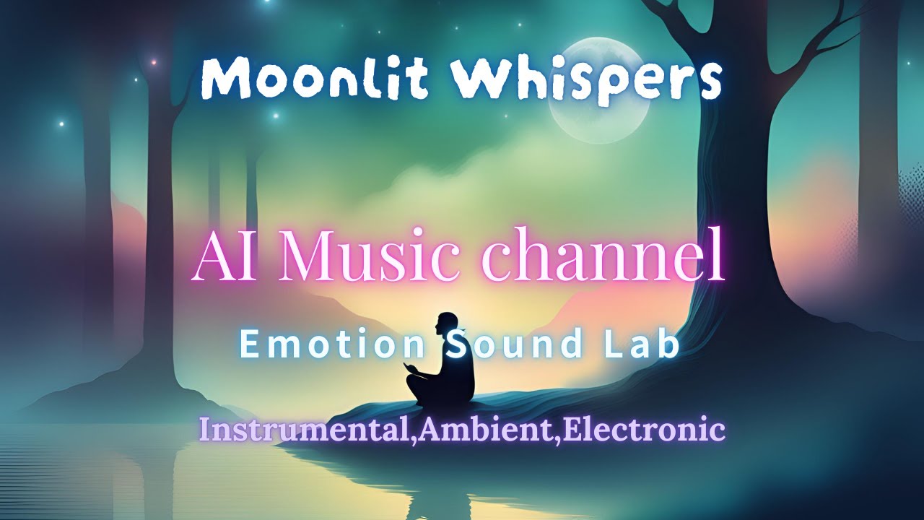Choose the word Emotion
(333, 344)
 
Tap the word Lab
(649, 344)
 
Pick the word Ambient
(489, 430)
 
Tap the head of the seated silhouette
(446, 326)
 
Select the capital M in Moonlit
(224, 79)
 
